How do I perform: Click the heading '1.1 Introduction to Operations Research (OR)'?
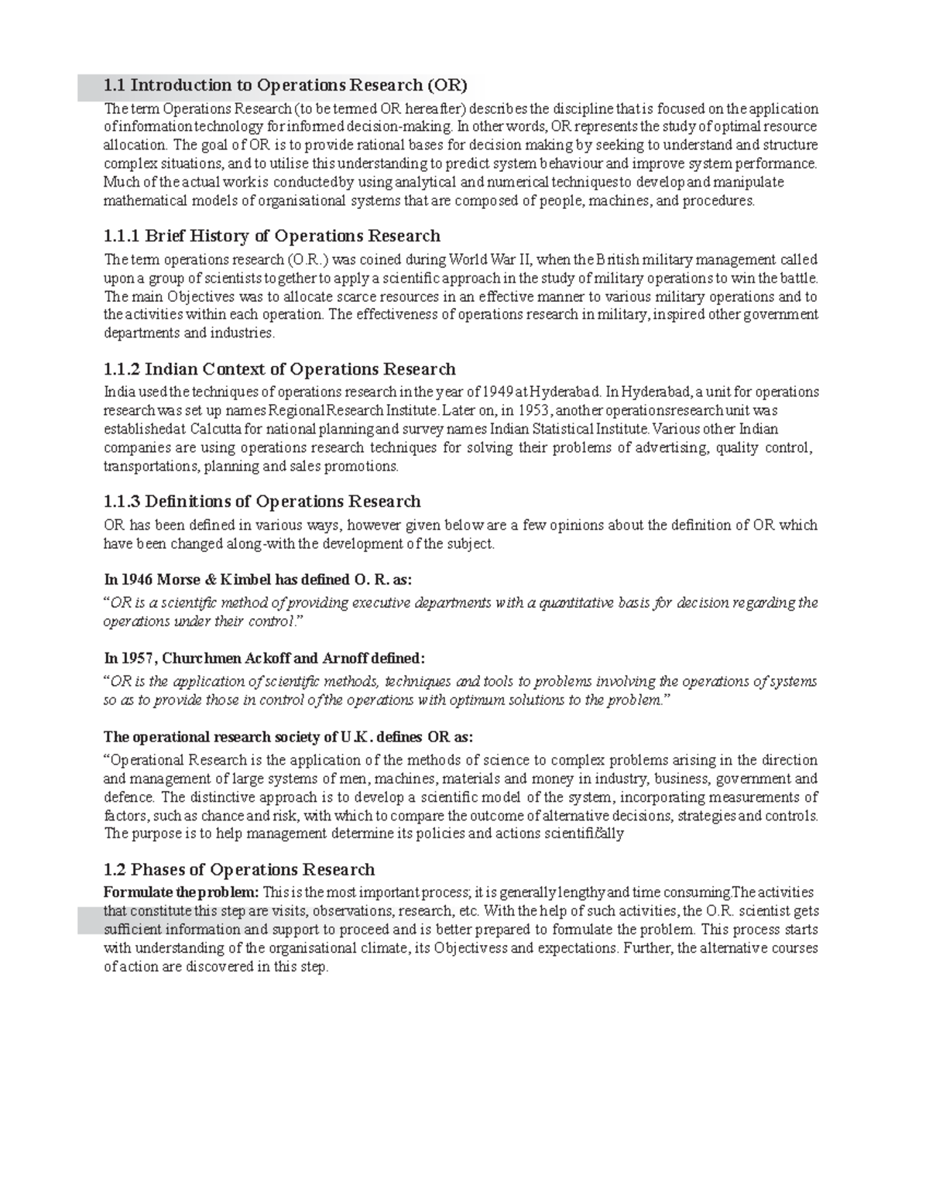tap(286, 85)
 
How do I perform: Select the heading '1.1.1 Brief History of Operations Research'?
tap(271, 236)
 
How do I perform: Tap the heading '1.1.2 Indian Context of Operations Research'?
tap(279, 369)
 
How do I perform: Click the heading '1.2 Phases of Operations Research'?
tap(238, 869)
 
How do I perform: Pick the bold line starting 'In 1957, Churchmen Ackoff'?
tap(264, 659)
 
